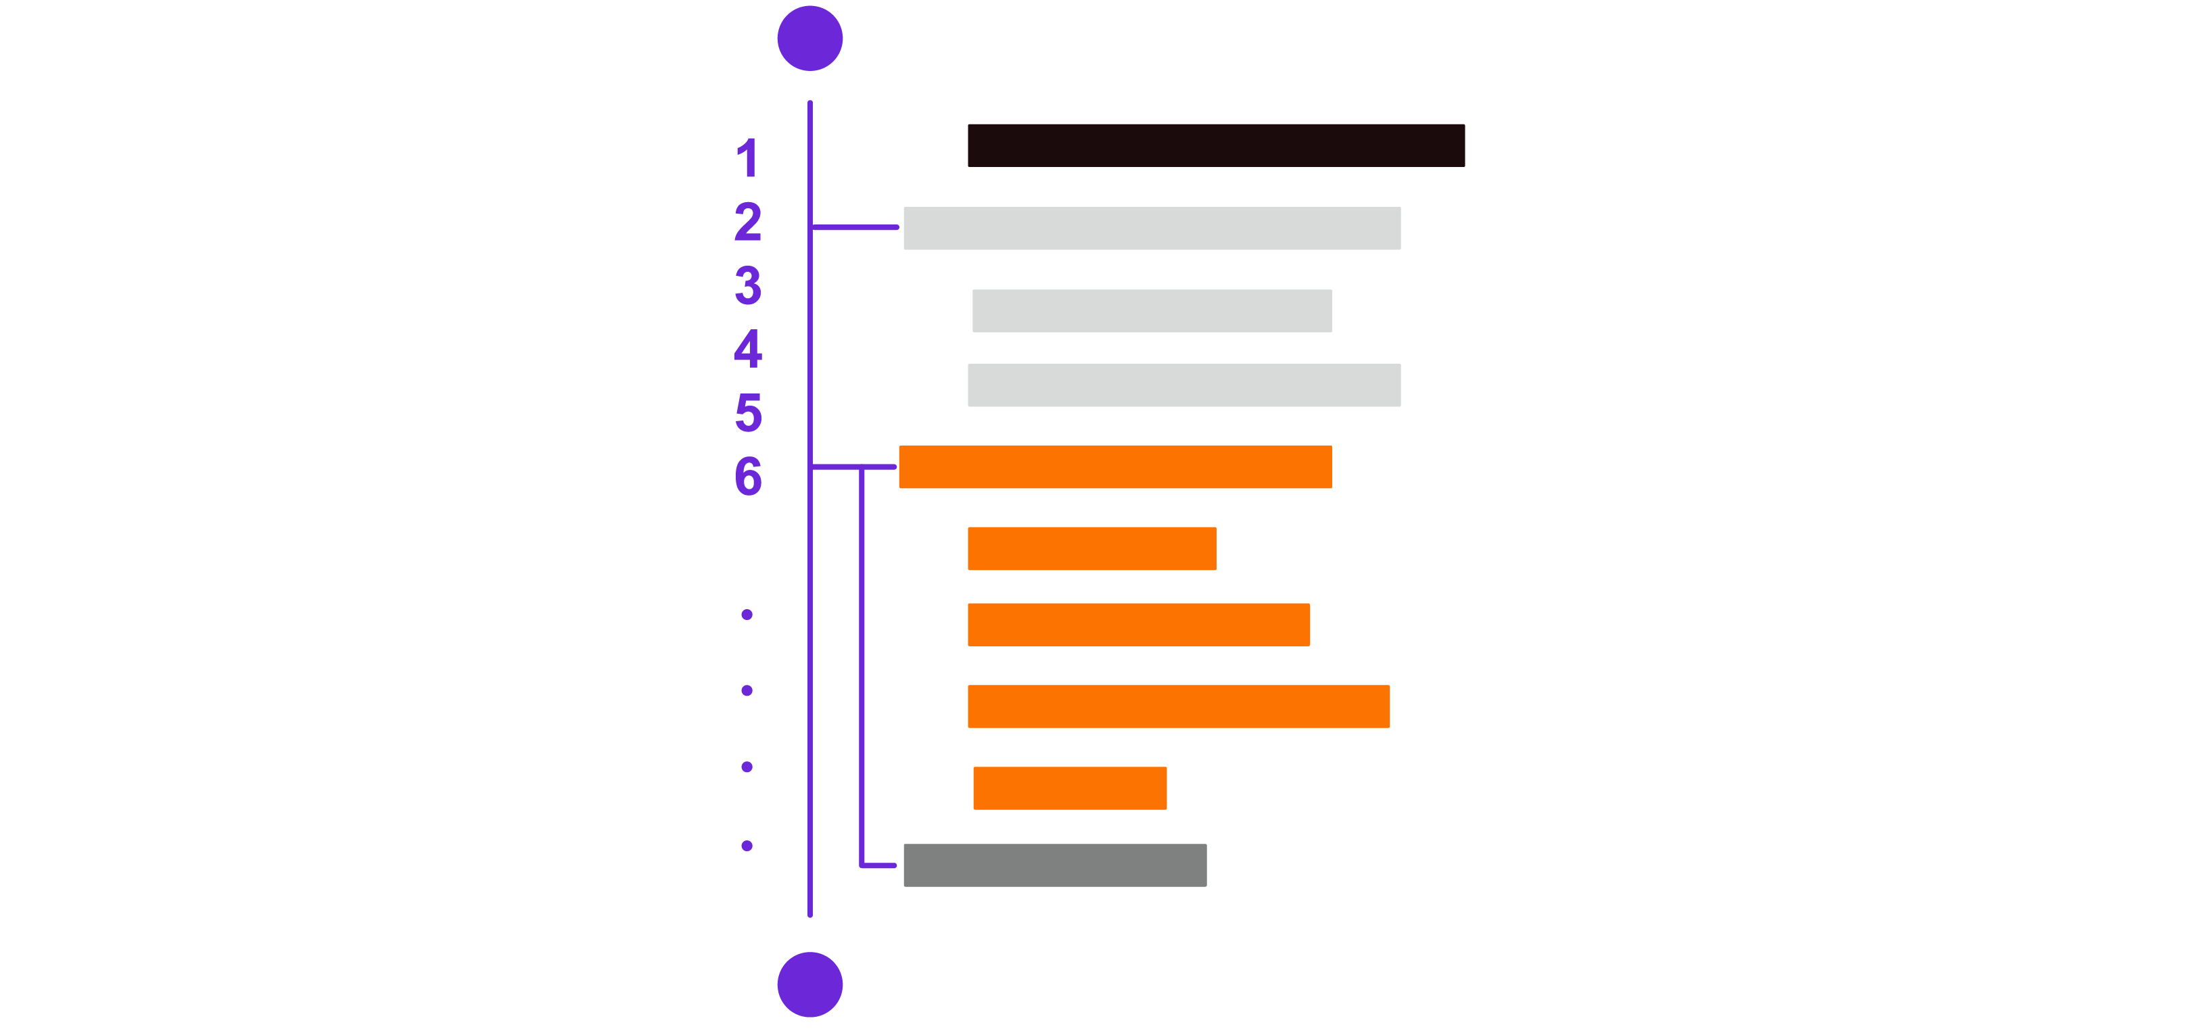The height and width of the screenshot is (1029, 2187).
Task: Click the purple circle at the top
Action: [x=810, y=39]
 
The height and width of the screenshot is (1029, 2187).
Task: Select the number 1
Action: [x=747, y=158]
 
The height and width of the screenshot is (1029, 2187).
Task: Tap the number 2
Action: [x=748, y=222]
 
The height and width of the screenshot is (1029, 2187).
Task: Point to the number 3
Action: [x=748, y=285]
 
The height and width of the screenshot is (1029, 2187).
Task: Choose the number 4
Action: [x=748, y=348]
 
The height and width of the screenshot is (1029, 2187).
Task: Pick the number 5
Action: [x=749, y=412]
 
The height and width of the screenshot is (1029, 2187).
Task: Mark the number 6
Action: [x=748, y=476]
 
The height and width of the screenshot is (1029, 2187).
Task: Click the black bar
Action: [x=1216, y=145]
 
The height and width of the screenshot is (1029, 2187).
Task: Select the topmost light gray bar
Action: [x=1152, y=228]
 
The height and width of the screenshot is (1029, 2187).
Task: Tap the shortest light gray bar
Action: [x=1152, y=311]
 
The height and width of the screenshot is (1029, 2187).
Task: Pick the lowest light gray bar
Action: [x=1184, y=385]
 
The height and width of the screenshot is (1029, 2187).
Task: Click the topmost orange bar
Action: [x=1116, y=467]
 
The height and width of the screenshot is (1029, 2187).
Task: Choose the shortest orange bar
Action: [x=1070, y=788]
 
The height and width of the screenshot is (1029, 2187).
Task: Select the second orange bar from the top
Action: [x=1091, y=548]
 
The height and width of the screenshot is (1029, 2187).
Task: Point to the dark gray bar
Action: [x=1056, y=865]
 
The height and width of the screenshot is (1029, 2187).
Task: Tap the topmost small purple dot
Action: [x=747, y=615]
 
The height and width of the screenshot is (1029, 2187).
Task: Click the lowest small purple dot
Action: [x=747, y=846]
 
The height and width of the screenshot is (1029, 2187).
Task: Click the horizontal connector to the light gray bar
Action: [x=855, y=226]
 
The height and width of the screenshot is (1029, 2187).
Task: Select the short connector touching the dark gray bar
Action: [x=878, y=865]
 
